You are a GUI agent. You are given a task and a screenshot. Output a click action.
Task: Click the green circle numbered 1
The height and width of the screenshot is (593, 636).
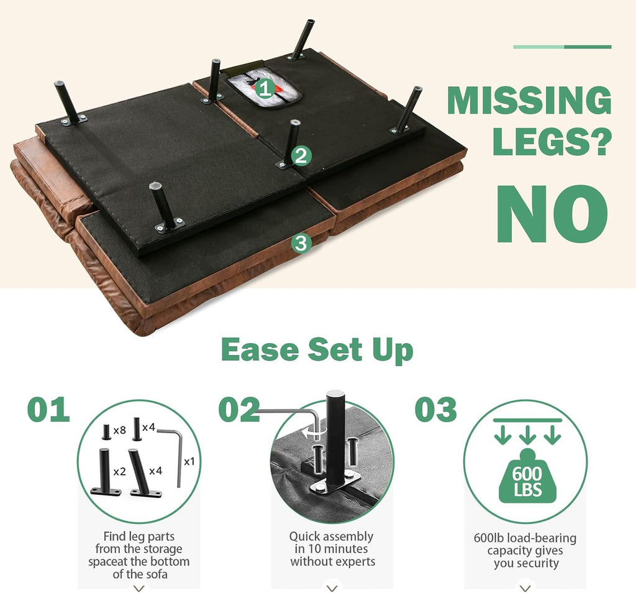point(265,88)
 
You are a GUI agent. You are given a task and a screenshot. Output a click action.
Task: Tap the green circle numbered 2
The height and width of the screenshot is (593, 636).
point(301,156)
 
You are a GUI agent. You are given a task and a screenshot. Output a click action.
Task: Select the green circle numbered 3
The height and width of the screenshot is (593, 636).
point(301,243)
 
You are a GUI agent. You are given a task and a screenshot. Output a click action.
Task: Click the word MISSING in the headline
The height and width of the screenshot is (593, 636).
point(529,100)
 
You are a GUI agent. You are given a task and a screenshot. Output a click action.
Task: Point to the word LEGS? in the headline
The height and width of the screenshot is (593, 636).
point(552,140)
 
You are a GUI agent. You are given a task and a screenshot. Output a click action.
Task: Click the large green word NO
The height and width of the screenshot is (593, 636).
point(552,214)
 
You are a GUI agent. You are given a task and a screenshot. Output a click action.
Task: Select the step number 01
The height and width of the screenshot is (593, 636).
point(48,409)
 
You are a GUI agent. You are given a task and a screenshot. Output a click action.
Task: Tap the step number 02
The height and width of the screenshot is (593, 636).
point(239,409)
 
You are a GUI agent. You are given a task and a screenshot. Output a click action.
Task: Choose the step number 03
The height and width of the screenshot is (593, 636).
point(435,409)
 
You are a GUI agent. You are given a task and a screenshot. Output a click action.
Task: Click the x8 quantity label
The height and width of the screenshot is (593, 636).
point(120,430)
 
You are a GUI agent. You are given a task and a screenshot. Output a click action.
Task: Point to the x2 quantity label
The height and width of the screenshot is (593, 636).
point(120,471)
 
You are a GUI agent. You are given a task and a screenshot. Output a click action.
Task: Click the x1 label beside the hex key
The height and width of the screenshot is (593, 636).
point(189,461)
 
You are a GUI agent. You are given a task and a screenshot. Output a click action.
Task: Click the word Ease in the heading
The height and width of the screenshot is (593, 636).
point(260,349)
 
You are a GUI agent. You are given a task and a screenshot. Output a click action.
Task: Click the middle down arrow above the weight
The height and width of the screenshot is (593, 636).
point(527,435)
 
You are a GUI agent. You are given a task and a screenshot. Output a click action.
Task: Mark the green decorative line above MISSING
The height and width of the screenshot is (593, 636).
point(562,47)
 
